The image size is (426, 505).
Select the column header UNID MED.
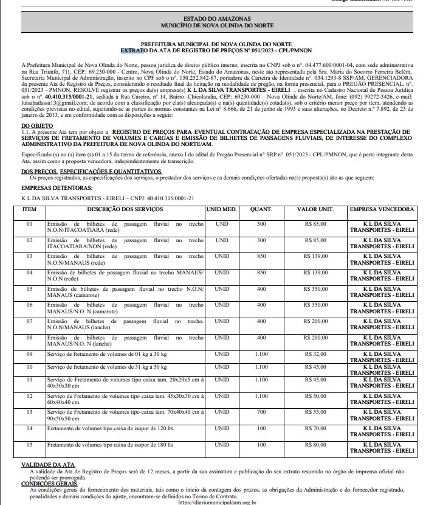(222, 209)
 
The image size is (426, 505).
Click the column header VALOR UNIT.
(315, 209)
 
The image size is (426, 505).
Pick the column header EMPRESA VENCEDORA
(381, 209)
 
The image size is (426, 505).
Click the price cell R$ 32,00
(315, 353)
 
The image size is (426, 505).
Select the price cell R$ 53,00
(315, 412)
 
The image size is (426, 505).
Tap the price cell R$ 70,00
(315, 428)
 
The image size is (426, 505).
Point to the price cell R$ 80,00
(315, 445)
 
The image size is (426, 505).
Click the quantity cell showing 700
(261, 412)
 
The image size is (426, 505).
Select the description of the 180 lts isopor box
(110, 445)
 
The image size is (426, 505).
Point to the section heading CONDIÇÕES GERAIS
(49, 484)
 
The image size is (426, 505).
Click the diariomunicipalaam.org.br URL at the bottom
(217, 502)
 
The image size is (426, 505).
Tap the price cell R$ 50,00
(315, 395)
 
